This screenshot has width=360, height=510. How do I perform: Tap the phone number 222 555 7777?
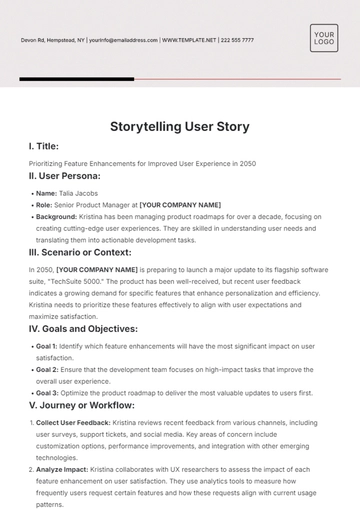point(237,40)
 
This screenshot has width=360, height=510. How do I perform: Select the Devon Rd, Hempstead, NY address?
point(53,40)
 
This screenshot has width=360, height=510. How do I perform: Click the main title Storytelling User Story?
point(180,127)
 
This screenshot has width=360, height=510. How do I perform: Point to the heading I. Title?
point(46,146)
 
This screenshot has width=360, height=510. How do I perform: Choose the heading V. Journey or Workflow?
point(82,406)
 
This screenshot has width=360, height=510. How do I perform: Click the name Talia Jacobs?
point(81,192)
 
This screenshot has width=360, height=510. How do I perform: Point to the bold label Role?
point(45,204)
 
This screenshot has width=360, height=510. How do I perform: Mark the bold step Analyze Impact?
point(64,469)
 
